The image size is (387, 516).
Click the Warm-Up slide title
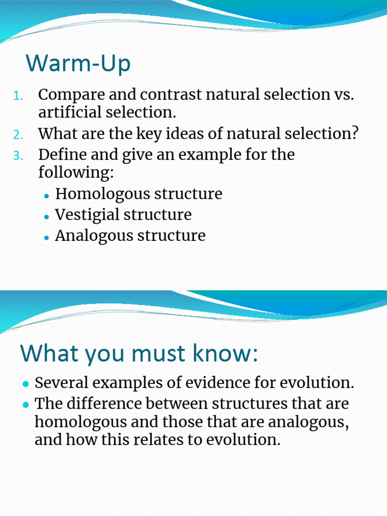point(78,63)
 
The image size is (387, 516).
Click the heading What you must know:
point(139,354)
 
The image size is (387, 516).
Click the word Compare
point(69,95)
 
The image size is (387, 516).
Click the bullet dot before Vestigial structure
point(46,216)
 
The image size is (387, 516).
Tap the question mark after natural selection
point(354,134)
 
